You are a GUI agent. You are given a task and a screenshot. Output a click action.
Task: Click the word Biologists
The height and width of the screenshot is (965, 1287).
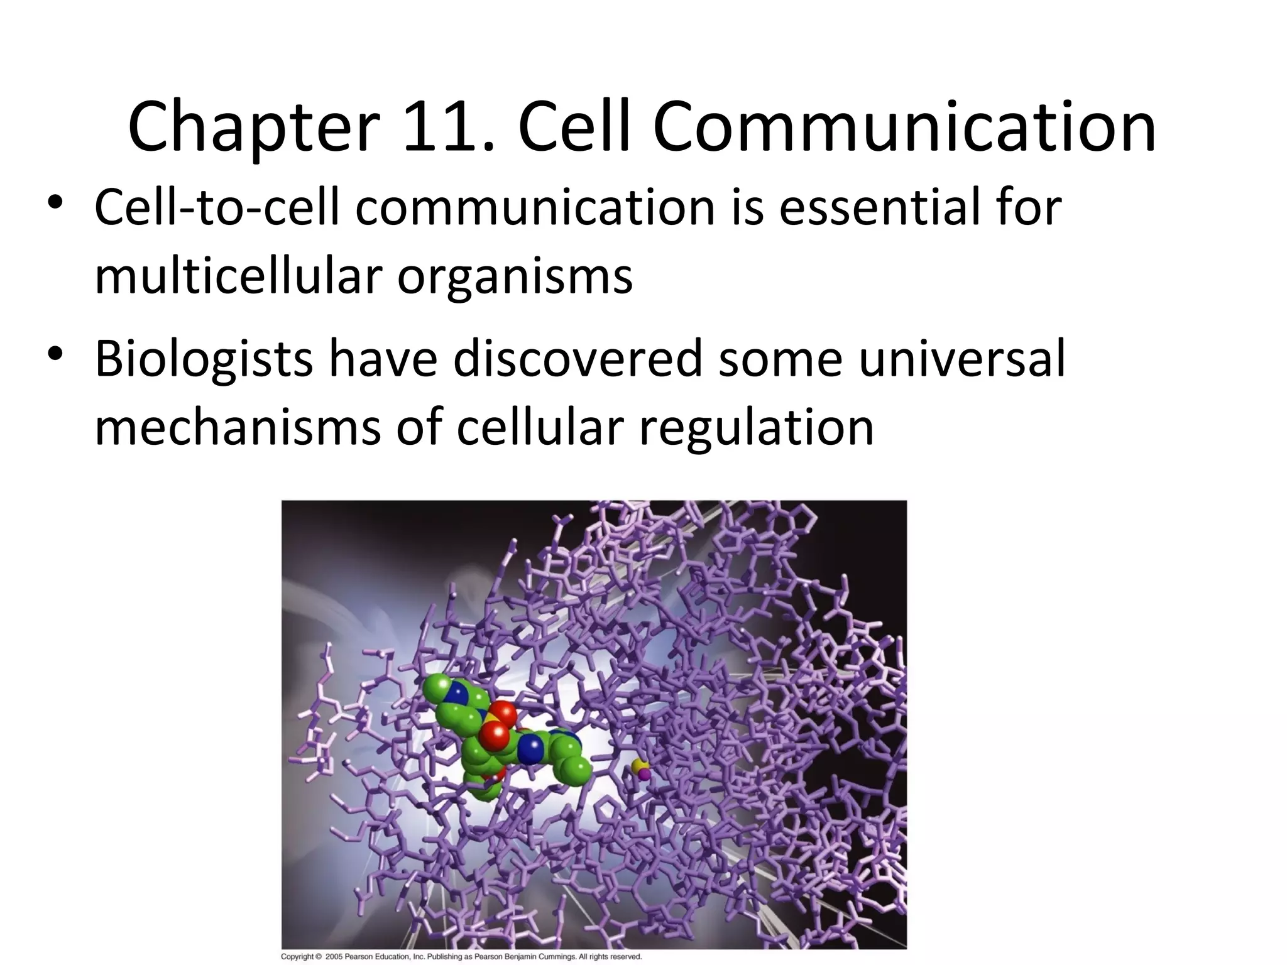coord(204,359)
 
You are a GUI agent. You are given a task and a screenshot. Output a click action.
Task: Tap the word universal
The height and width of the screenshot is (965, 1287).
coord(961,359)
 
